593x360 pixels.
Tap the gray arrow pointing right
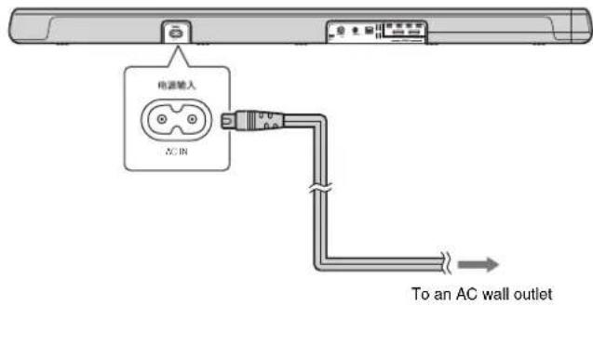pos(480,264)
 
